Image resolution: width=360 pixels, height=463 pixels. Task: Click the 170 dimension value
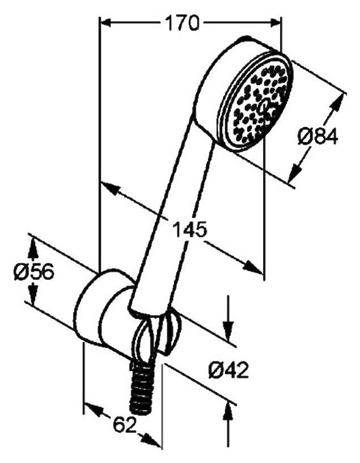[181, 23]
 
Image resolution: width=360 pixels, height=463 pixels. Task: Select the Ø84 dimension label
[317, 136]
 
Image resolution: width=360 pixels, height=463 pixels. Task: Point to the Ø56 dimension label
[34, 271]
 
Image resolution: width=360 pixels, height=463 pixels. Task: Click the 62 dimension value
[125, 424]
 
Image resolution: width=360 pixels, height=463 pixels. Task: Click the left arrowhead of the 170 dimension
[105, 23]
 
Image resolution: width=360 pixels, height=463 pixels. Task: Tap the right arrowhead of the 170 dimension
[275, 23]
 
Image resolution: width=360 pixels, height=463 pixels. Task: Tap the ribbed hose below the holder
[142, 387]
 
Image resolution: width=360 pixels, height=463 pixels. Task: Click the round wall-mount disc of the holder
[88, 307]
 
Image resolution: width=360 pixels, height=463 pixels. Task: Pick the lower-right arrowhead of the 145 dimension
[253, 267]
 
